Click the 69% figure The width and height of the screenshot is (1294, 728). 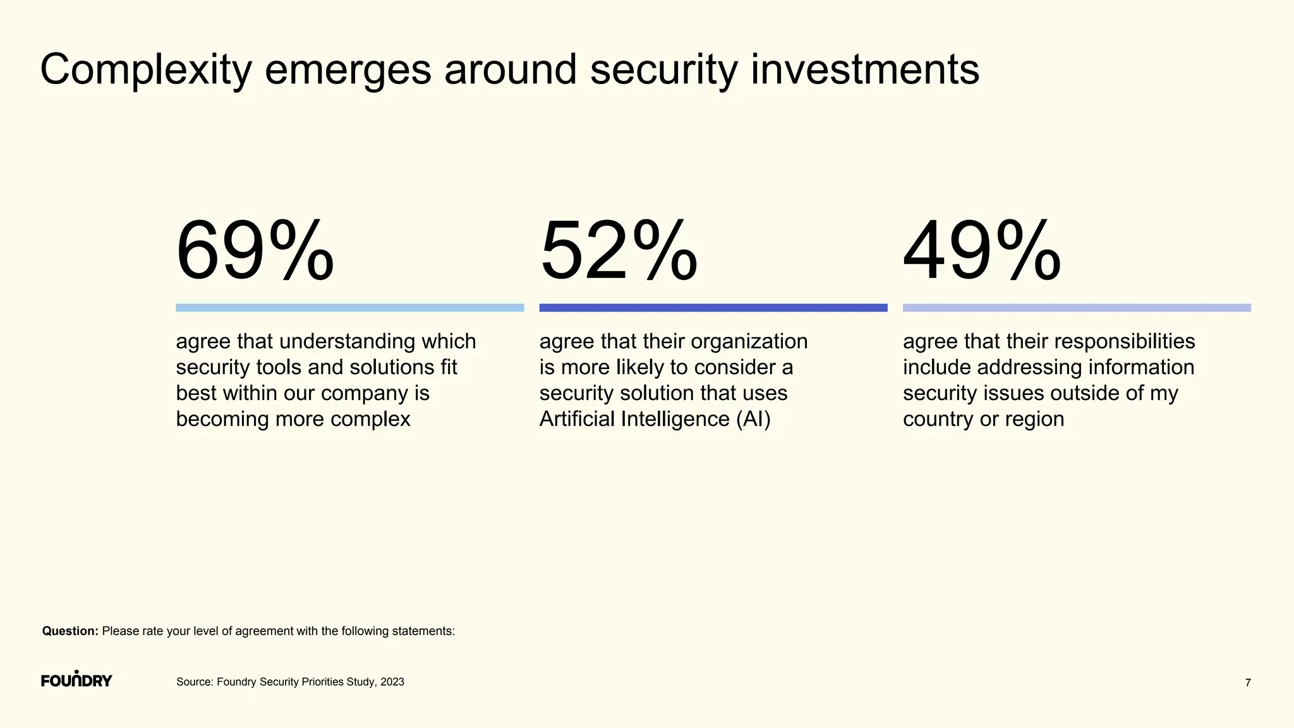[255, 251]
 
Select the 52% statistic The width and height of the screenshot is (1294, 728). [619, 251]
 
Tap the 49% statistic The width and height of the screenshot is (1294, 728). [982, 251]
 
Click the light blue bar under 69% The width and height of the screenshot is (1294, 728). [349, 308]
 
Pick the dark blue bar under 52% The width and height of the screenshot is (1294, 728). [713, 308]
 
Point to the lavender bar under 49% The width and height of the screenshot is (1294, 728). [1077, 308]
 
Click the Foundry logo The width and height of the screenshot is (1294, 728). [76, 680]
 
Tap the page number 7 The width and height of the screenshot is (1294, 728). [1247, 683]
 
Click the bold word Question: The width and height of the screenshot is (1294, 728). [70, 631]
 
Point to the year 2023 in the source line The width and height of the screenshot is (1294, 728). [392, 682]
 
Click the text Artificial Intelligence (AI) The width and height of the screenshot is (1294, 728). [655, 419]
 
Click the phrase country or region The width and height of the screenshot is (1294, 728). [983, 419]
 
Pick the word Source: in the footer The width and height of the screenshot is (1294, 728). [195, 682]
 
